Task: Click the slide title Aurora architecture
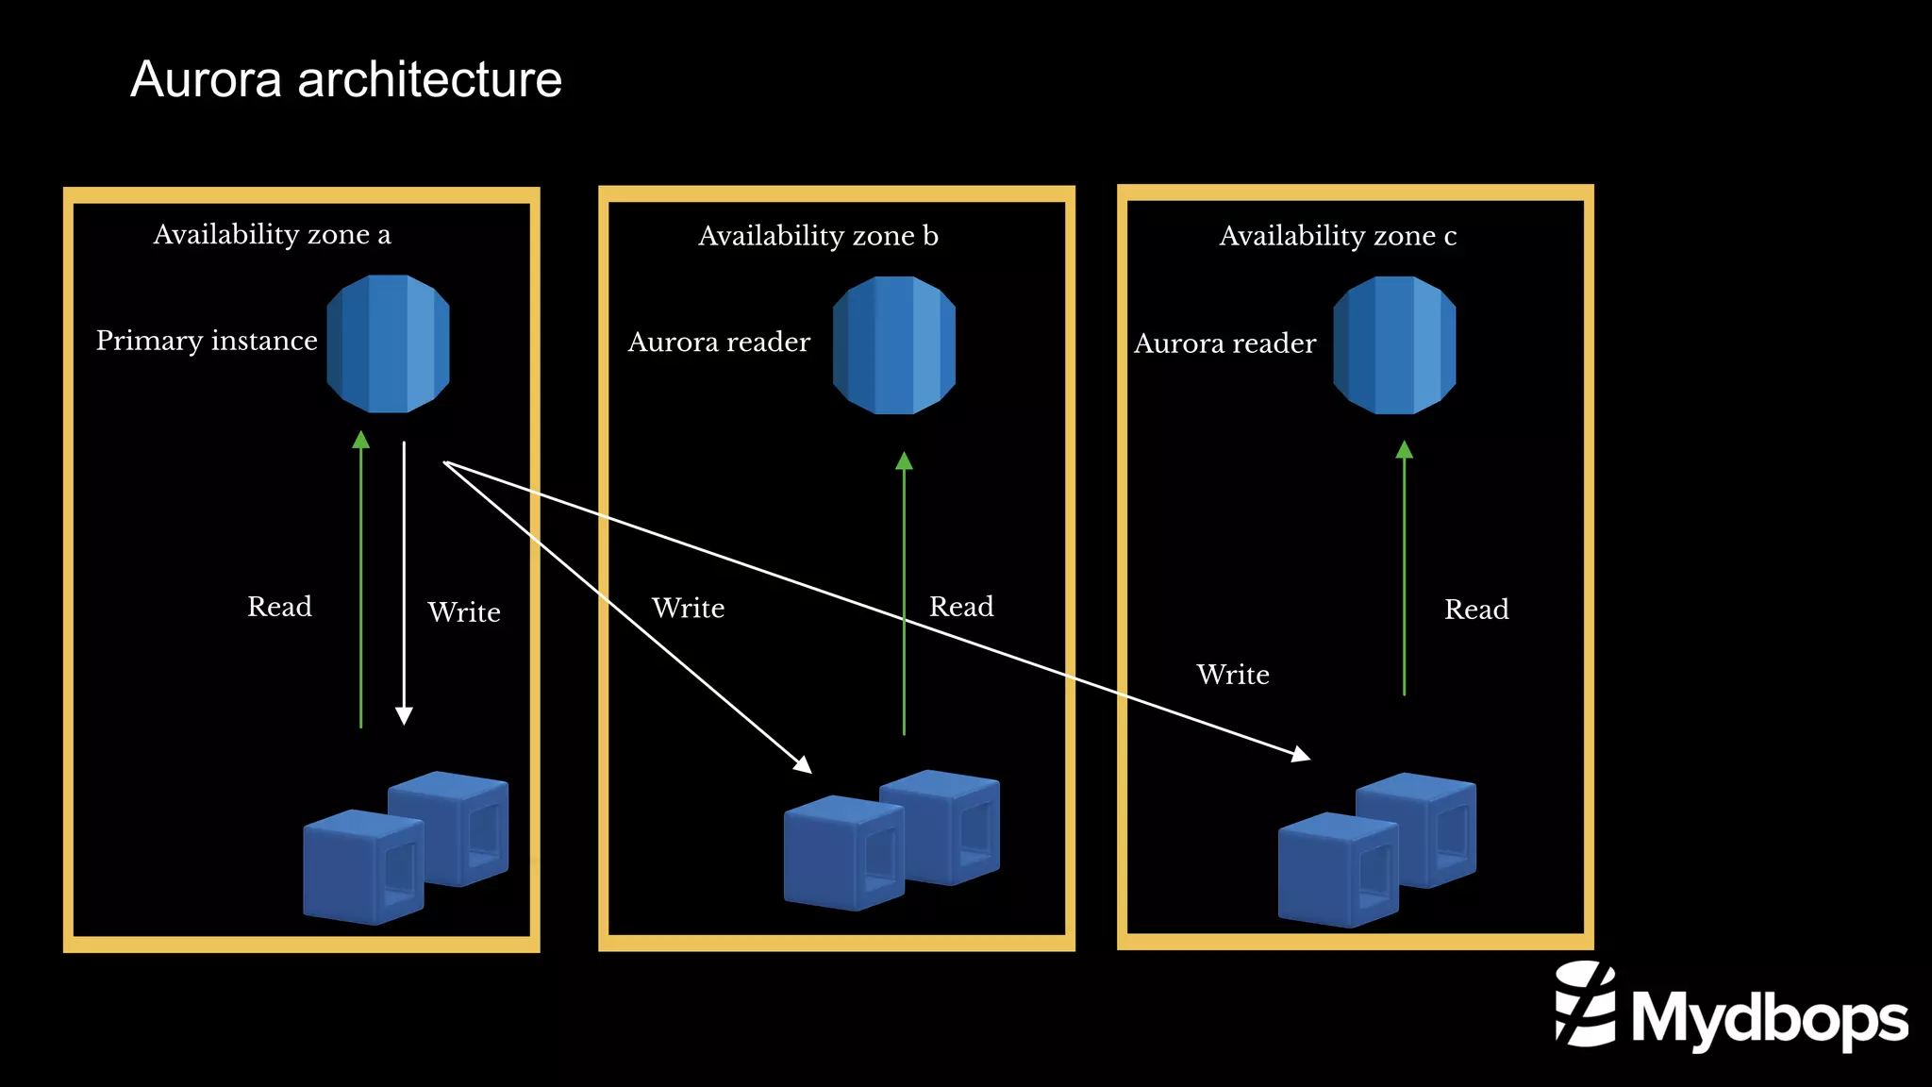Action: tap(345, 79)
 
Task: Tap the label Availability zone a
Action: tap(272, 234)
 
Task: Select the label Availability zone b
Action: tap(818, 236)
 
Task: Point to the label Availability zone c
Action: tap(1338, 236)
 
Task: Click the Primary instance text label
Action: tap(207, 341)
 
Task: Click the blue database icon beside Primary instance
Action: tap(388, 343)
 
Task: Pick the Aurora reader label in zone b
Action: tap(719, 342)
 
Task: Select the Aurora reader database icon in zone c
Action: tap(1394, 345)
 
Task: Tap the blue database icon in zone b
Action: tap(894, 345)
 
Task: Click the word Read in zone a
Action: tap(279, 607)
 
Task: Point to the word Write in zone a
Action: tap(463, 612)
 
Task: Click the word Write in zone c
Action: tap(1232, 675)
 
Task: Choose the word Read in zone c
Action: tap(1476, 610)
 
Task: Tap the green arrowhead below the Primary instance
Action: tap(360, 440)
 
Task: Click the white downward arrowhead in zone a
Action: tap(404, 716)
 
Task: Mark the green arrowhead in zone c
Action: tap(1404, 450)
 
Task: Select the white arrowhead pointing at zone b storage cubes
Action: tap(804, 764)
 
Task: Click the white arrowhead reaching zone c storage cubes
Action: tap(1301, 754)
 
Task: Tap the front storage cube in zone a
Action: tap(362, 867)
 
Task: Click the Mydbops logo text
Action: tap(1769, 1018)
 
